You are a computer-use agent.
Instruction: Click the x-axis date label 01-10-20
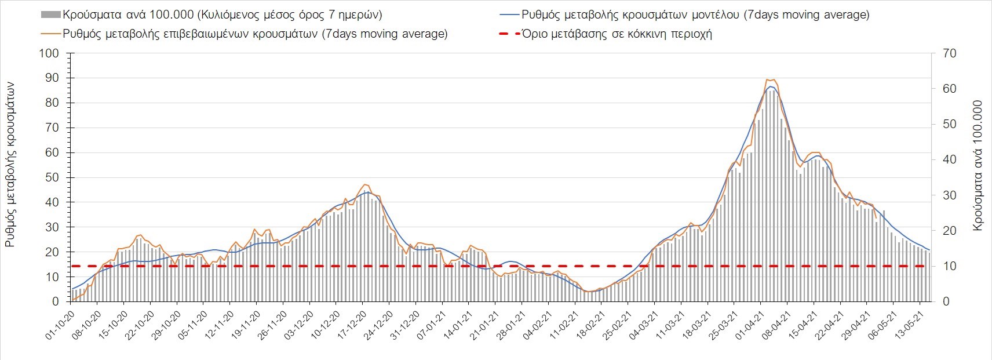click(60, 326)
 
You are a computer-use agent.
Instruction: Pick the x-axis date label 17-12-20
click(353, 326)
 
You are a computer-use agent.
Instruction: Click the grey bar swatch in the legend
click(50, 15)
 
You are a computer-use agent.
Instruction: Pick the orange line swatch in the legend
click(50, 34)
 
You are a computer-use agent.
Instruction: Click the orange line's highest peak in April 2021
click(769, 79)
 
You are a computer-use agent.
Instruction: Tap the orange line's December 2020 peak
click(364, 184)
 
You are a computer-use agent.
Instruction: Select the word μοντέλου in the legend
click(714, 15)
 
